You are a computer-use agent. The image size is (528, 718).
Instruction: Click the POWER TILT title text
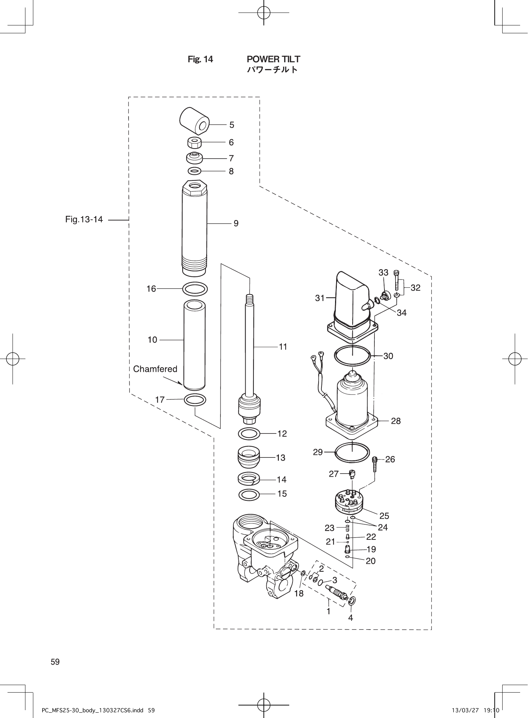coord(273,59)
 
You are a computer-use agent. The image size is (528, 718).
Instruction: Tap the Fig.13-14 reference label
coord(84,219)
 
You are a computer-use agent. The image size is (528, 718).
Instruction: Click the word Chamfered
coord(155,369)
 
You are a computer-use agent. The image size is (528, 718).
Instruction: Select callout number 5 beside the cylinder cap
coord(232,125)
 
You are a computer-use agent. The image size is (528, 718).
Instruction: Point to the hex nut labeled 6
coord(194,143)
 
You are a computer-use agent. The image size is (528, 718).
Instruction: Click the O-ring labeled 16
coord(195,288)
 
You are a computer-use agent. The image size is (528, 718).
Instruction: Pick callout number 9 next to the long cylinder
coord(236,223)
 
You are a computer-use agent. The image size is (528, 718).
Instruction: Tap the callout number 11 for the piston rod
coord(283,346)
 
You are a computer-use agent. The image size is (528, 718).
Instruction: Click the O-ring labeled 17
coord(195,399)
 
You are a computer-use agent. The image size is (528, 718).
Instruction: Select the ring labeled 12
coord(249,434)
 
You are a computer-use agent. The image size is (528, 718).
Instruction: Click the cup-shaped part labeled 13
coord(249,457)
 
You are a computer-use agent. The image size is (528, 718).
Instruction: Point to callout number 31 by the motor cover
coord(320,298)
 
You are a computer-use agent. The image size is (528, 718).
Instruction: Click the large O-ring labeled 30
coord(352,356)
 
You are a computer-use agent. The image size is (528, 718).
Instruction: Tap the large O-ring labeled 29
coord(352,452)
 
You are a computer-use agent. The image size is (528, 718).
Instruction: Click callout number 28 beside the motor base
coord(396,421)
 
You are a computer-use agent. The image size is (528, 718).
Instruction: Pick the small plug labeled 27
coord(353,475)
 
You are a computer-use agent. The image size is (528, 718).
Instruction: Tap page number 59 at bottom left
coord(55,662)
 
